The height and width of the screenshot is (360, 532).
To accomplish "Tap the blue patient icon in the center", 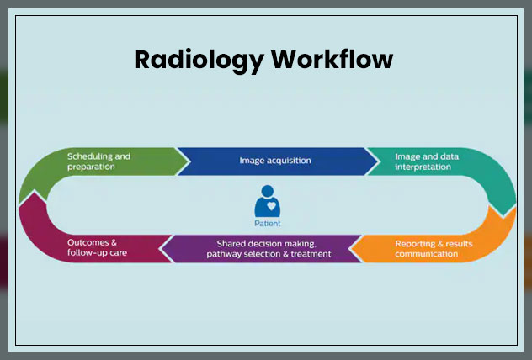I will (x=269, y=203).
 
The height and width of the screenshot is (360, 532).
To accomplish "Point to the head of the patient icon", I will (x=269, y=191).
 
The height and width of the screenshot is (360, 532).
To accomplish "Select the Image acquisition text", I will (x=275, y=161).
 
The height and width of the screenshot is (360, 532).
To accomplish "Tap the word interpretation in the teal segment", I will (x=423, y=167).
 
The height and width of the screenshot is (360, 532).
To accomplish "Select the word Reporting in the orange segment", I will (x=414, y=243).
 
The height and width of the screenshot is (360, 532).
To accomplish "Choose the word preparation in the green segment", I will (x=92, y=167).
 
